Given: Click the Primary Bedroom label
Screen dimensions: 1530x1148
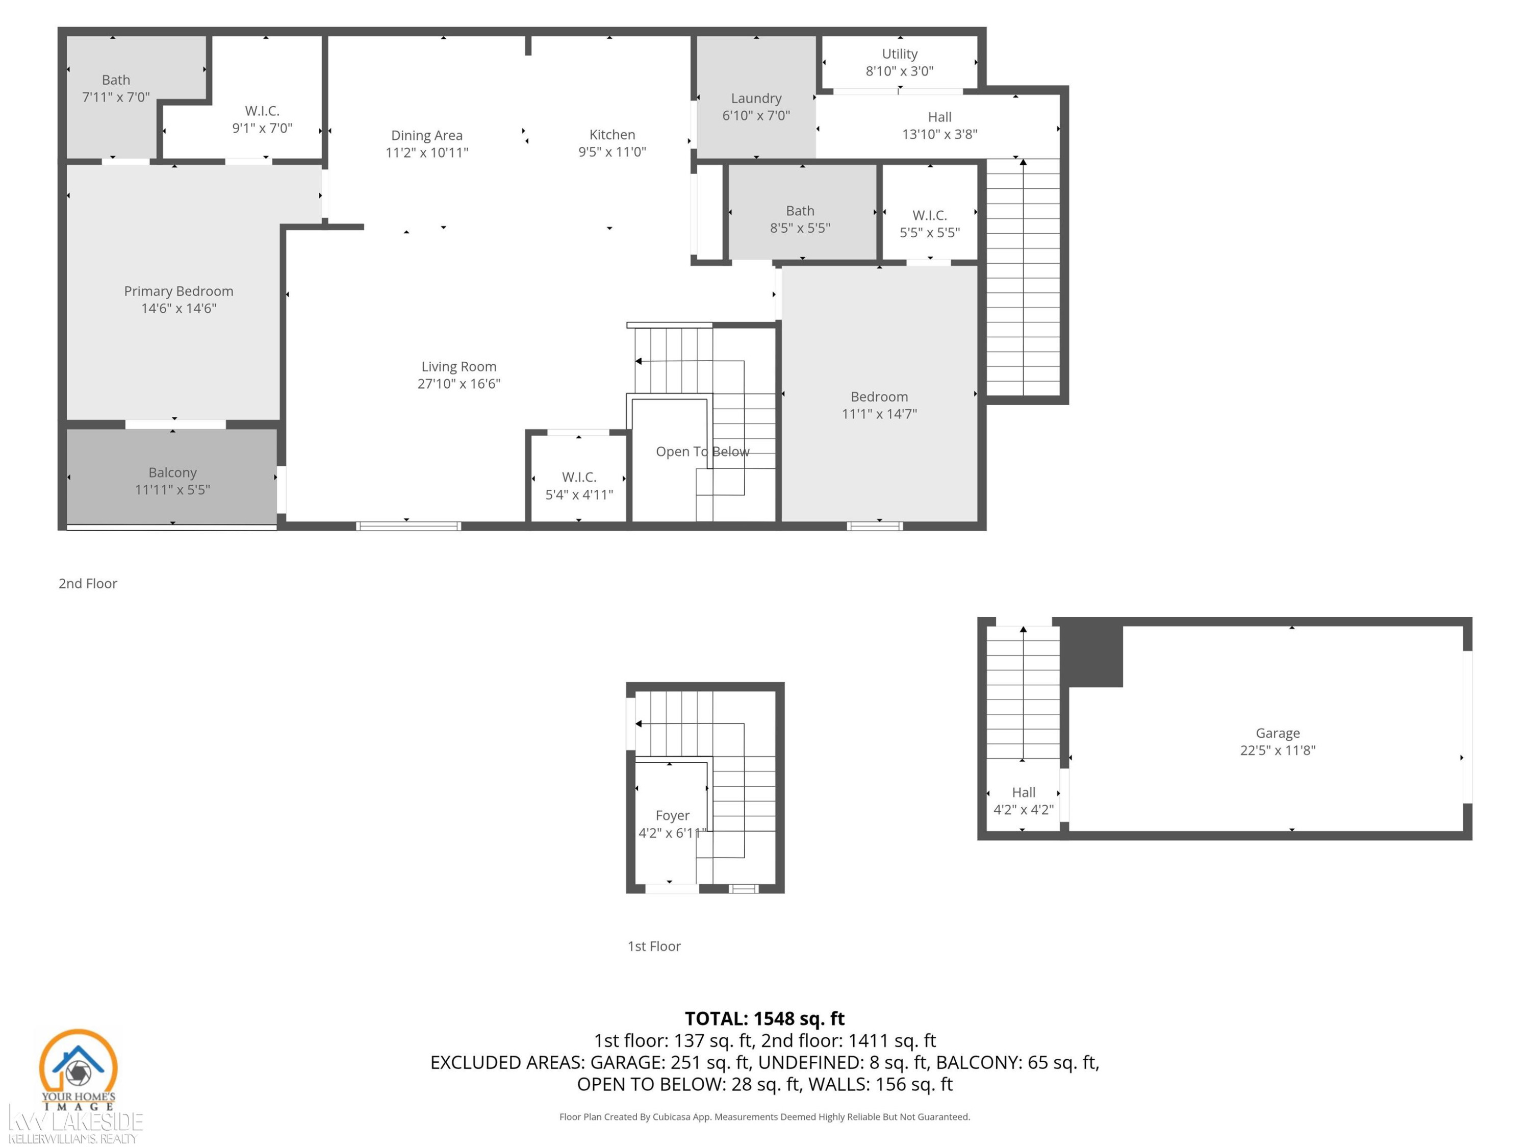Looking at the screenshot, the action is (x=178, y=291).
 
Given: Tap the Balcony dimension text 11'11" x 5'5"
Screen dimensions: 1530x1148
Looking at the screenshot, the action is (x=172, y=490).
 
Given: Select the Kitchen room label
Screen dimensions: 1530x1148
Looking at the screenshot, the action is (x=612, y=134).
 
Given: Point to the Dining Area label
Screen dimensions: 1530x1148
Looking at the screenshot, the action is (x=427, y=135).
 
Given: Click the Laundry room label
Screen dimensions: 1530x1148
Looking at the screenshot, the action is (x=756, y=98).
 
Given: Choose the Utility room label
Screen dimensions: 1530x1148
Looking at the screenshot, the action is (x=899, y=54).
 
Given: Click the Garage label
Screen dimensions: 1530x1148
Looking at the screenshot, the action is (x=1278, y=733).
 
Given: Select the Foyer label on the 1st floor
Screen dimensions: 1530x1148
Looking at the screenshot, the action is (x=672, y=816).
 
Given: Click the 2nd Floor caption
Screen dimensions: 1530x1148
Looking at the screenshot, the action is (x=88, y=583).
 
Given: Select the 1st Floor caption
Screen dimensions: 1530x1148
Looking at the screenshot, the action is (x=654, y=946).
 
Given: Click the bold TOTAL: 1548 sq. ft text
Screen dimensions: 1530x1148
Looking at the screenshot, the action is (x=764, y=1018).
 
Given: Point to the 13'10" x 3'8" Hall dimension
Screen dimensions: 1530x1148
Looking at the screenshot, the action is (x=939, y=134).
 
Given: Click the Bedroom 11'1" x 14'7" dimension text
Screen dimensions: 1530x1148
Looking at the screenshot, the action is (x=879, y=414).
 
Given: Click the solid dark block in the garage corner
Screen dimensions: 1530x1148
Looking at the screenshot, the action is (x=1091, y=652).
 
